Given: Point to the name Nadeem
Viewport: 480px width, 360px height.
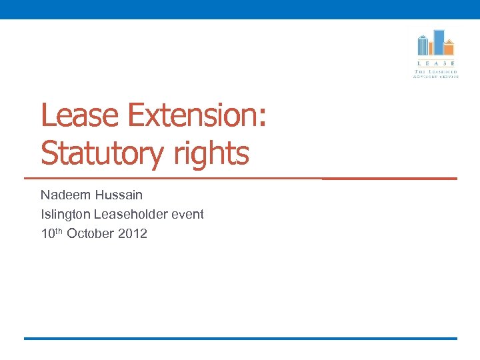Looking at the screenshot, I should [66, 195].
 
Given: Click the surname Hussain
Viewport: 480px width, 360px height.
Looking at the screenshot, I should [119, 195].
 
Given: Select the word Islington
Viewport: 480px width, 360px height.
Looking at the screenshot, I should [65, 215].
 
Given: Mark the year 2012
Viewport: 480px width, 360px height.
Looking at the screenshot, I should [133, 234].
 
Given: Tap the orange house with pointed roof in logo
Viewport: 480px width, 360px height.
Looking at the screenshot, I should [449, 48].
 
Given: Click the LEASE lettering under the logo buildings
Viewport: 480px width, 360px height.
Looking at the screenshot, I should [436, 63].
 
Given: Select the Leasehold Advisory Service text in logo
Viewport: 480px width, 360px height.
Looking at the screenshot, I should [436, 73].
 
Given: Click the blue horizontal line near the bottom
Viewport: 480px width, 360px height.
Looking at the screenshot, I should [240, 339].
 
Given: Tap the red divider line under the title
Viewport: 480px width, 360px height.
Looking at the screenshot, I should [240, 179].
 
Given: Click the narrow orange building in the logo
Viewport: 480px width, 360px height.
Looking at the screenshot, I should [431, 48].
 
